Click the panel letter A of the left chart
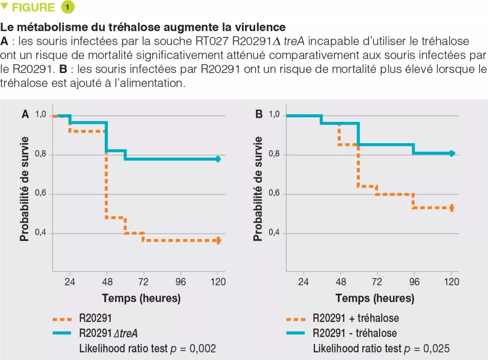(26, 115)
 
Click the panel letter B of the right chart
(259, 115)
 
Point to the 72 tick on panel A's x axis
(144, 282)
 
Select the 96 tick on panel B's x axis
(414, 282)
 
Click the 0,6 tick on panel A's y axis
(41, 194)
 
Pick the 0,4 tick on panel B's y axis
(274, 233)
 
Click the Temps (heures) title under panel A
(141, 298)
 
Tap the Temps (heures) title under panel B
(375, 298)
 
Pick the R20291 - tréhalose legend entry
(355, 334)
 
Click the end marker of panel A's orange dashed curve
(218, 240)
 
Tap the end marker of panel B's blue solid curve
(452, 154)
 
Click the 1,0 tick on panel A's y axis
(41, 115)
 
